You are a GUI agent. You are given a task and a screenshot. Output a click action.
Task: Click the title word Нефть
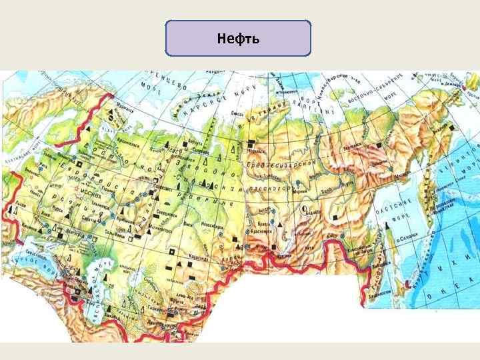tap(238, 38)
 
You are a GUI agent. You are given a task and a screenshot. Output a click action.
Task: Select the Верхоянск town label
tap(347, 143)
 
